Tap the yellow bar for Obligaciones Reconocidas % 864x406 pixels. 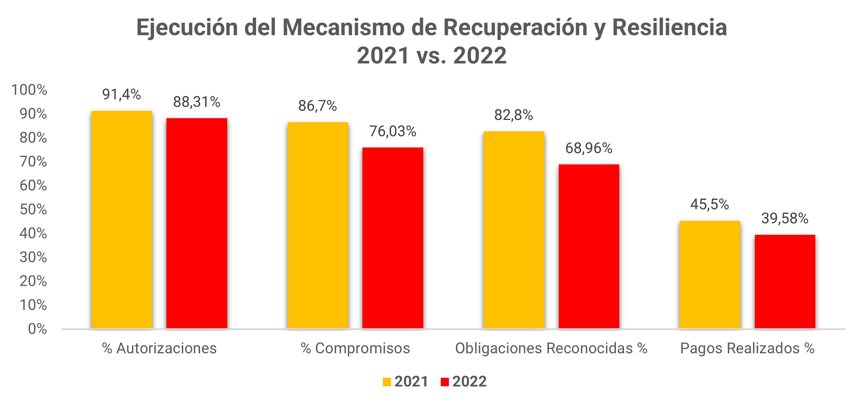(513, 230)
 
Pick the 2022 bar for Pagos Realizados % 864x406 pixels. (785, 281)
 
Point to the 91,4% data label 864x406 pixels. (122, 95)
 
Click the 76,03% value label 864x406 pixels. (392, 131)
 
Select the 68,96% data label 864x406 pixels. (588, 148)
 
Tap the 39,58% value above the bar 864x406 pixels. (785, 219)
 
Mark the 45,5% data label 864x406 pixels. (709, 204)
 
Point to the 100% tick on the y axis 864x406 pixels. (29, 90)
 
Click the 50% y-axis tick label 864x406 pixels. (33, 209)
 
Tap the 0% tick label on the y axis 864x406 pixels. (37, 329)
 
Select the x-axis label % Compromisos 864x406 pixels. (355, 348)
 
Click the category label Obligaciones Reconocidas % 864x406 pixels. (551, 348)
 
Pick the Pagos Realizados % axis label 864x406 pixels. (747, 348)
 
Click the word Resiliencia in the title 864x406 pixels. (669, 28)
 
